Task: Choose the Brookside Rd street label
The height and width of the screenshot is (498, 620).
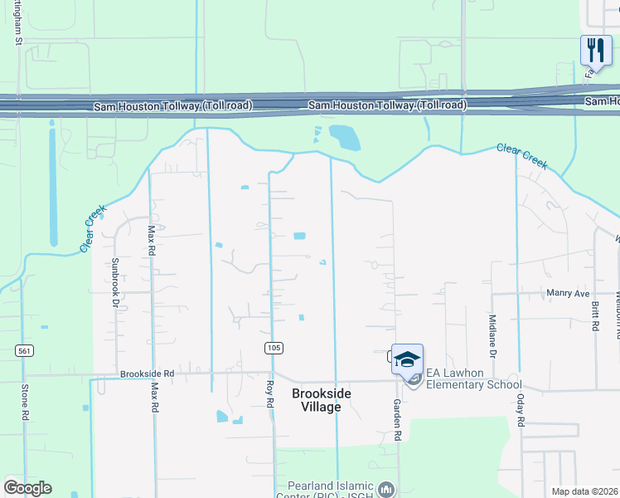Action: pyautogui.click(x=147, y=374)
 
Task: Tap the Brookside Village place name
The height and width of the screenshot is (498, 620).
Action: pyautogui.click(x=315, y=399)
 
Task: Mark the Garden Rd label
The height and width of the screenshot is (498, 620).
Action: pyautogui.click(x=398, y=424)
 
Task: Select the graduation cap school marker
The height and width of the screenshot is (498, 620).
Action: pyautogui.click(x=407, y=359)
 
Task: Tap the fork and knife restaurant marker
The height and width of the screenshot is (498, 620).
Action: pyautogui.click(x=596, y=51)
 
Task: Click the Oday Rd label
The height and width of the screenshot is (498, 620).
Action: pyautogui.click(x=521, y=409)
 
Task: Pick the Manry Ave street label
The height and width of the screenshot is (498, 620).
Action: pyautogui.click(x=568, y=294)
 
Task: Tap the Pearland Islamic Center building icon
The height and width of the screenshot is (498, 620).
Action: pyautogui.click(x=385, y=490)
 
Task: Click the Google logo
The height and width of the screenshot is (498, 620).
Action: pyautogui.click(x=27, y=488)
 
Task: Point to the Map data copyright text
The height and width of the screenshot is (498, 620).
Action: pyautogui.click(x=584, y=491)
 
